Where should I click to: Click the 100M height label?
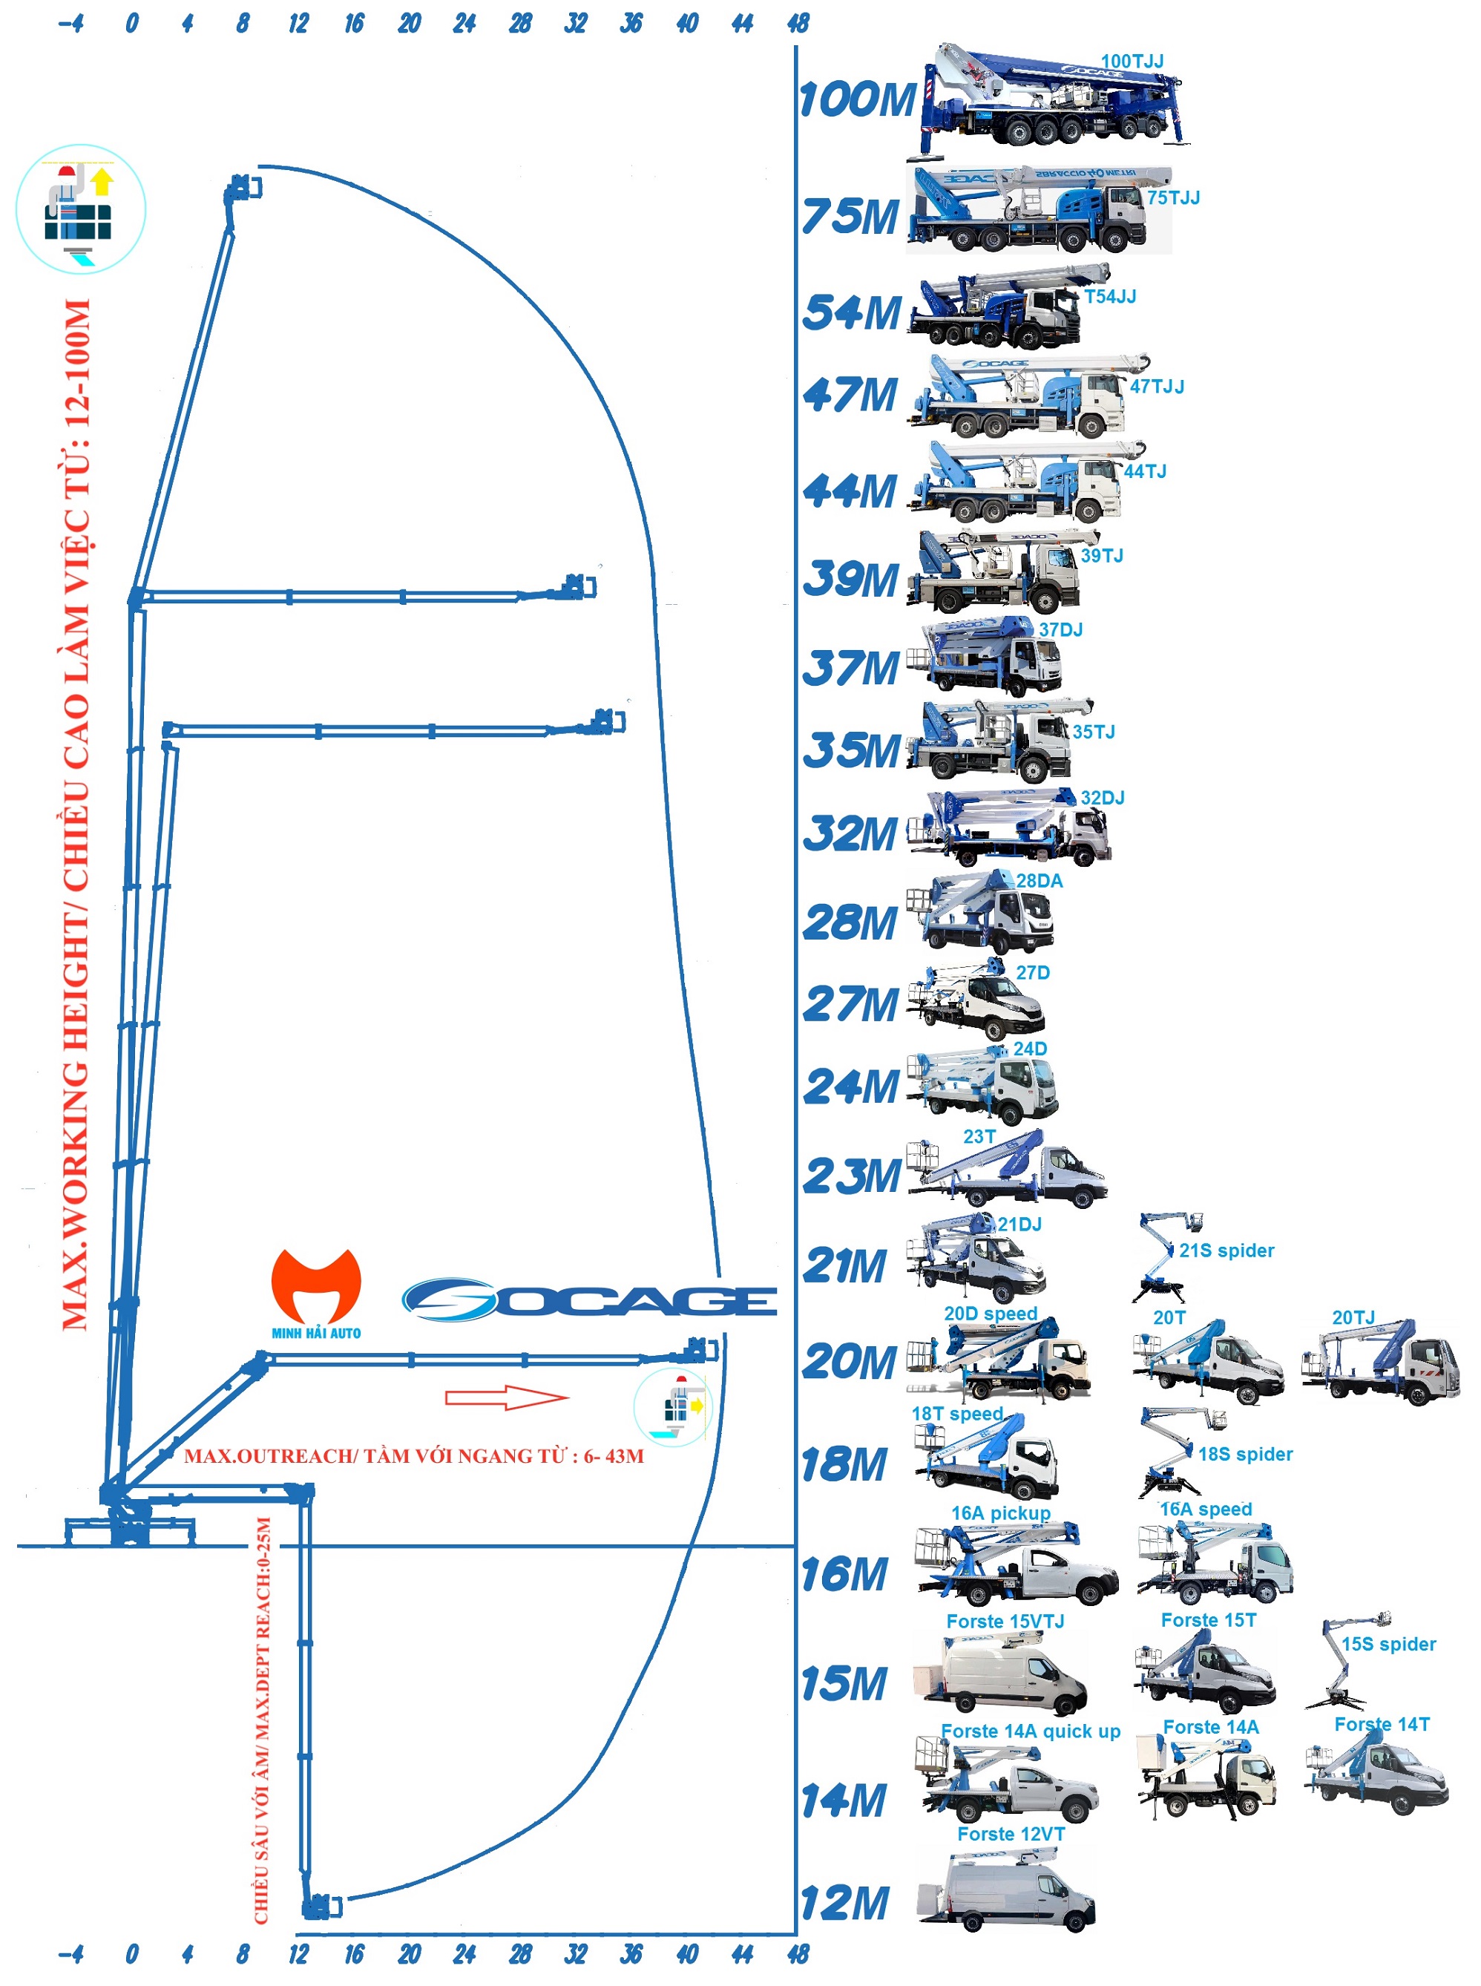coord(856,99)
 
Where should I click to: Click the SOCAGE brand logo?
coord(589,1300)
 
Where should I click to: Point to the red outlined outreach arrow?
coord(507,1397)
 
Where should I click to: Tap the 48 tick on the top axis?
coord(797,23)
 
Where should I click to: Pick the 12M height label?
coord(844,1903)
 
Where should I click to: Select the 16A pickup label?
coord(1000,1513)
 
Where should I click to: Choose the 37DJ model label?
coord(1060,629)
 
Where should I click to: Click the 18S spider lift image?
coord(1175,1452)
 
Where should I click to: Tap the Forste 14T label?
coord(1382,1724)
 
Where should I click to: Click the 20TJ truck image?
coord(1381,1363)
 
